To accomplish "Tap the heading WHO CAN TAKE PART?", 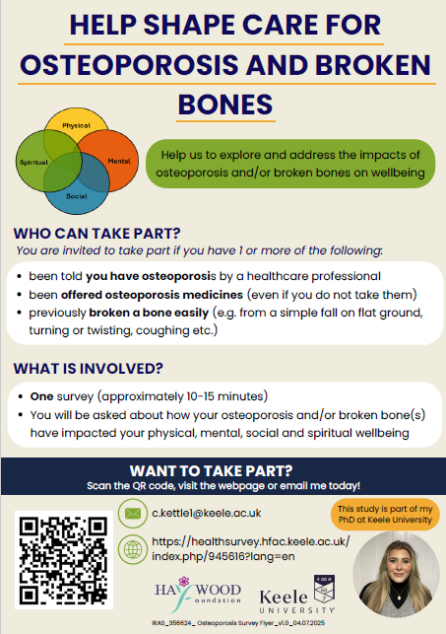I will tap(96, 235).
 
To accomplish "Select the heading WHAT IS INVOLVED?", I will tap(89, 370).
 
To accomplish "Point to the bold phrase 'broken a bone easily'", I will tap(168, 315).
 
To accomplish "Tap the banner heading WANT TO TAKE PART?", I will tap(223, 469).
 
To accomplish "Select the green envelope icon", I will tap(131, 513).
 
